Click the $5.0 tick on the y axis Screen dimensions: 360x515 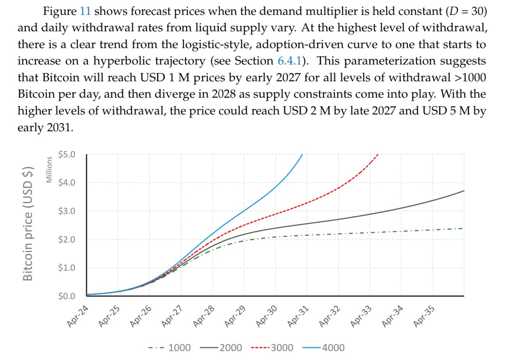(66, 154)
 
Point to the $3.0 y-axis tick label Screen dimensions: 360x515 (66, 211)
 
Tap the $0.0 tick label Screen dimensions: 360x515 (66, 296)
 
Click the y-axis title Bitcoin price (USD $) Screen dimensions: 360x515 (27, 223)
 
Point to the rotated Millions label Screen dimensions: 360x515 (49, 169)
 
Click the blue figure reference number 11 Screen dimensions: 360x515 (85, 11)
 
